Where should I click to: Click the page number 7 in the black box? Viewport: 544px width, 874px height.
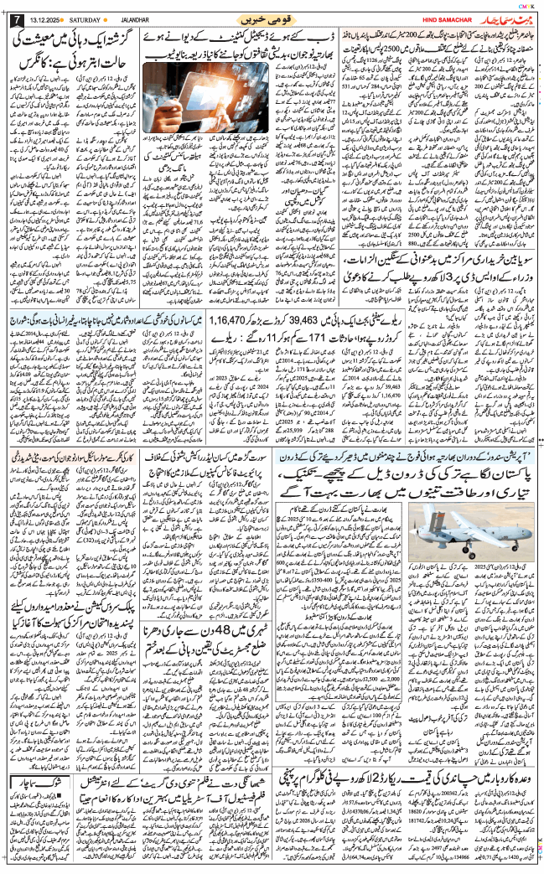[x=14, y=18]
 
